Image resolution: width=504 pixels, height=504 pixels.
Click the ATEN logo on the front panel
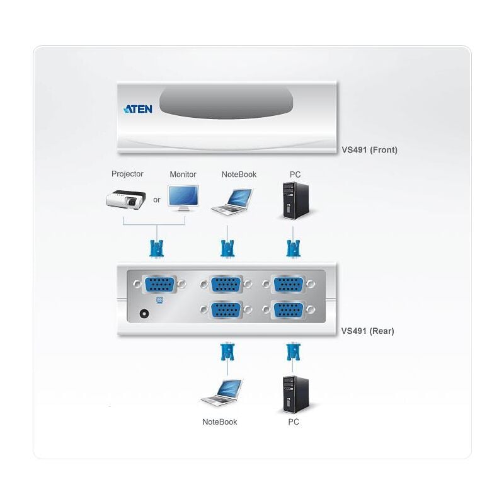click(x=138, y=109)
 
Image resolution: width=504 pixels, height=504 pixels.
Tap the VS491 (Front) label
click(x=369, y=150)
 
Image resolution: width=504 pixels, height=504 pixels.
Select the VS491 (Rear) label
click(x=367, y=331)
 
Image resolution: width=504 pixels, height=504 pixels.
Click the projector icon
click(x=125, y=199)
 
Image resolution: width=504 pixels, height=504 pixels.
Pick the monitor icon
click(x=183, y=198)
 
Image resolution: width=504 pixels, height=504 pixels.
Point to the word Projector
click(x=127, y=174)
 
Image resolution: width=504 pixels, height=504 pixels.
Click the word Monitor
click(x=183, y=175)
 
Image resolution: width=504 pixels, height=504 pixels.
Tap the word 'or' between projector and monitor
click(x=156, y=200)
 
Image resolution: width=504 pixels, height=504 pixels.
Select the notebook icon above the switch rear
click(x=232, y=202)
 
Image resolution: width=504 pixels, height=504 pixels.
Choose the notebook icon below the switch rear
click(x=221, y=392)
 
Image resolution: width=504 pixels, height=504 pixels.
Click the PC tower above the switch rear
click(x=296, y=200)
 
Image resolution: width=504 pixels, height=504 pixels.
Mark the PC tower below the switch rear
click(x=296, y=394)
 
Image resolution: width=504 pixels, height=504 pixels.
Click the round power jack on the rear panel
click(x=144, y=313)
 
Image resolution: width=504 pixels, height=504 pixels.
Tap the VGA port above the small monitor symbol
click(x=159, y=284)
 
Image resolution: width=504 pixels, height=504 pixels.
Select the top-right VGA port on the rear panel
click(x=289, y=284)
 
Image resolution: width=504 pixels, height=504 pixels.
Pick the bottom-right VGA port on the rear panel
click(x=289, y=310)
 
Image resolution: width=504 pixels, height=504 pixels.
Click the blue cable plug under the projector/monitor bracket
click(x=157, y=248)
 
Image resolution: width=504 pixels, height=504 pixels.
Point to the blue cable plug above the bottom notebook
click(x=227, y=352)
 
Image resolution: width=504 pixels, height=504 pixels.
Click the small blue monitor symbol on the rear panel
click(x=159, y=301)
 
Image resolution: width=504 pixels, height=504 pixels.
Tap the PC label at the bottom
click(x=294, y=421)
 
